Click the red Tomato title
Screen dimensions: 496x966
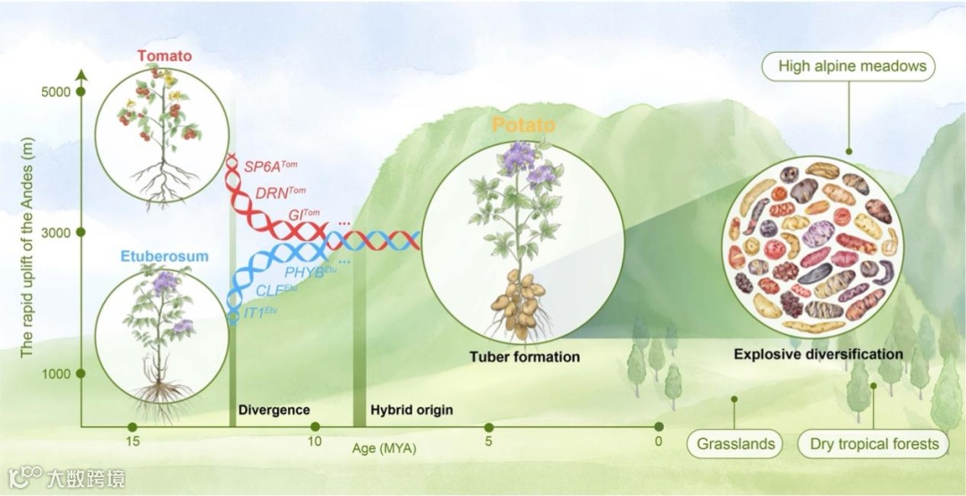(165, 56)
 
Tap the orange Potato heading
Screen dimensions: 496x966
(523, 124)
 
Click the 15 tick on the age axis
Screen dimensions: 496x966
(131, 442)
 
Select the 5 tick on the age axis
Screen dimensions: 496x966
(488, 442)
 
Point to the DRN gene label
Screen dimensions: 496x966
(280, 192)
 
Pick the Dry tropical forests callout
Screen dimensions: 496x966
(874, 443)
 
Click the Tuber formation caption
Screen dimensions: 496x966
(524, 356)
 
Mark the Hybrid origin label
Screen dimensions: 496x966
(411, 410)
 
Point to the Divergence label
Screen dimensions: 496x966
(274, 410)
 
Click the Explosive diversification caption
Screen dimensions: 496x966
(818, 354)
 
